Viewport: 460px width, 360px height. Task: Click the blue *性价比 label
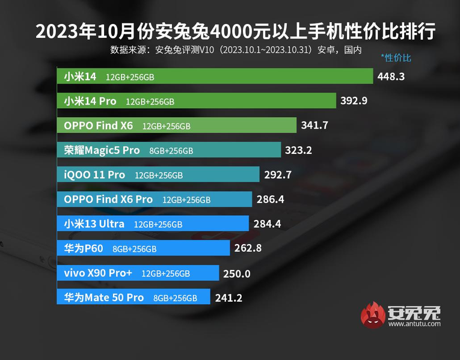pyautogui.click(x=396, y=58)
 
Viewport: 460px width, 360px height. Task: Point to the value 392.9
pyautogui.click(x=354, y=101)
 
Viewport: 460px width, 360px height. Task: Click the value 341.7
pyautogui.click(x=315, y=126)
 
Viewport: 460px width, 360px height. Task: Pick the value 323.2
pyautogui.click(x=299, y=150)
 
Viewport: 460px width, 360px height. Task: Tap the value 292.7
pyautogui.click(x=277, y=175)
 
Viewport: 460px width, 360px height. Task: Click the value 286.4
pyautogui.click(x=270, y=200)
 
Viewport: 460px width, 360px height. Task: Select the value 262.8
pyautogui.click(x=248, y=248)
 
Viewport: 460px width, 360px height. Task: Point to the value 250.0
pyautogui.click(x=236, y=273)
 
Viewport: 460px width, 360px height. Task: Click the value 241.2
pyautogui.click(x=228, y=297)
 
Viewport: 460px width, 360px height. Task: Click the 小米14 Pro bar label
pyautogui.click(x=90, y=101)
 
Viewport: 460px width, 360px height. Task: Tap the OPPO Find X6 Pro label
pyautogui.click(x=108, y=199)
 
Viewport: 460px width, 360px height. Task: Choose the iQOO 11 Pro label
pyautogui.click(x=94, y=175)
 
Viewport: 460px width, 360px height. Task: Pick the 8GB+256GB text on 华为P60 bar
pyautogui.click(x=134, y=249)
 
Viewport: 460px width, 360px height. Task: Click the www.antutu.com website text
pyautogui.click(x=414, y=323)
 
